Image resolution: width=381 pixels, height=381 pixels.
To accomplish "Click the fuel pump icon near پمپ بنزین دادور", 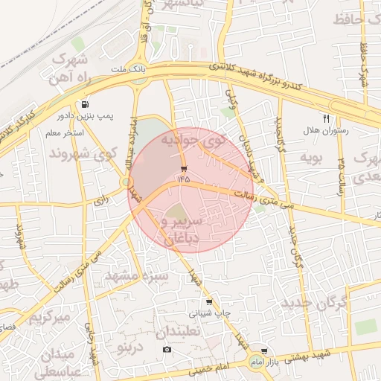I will (86, 104).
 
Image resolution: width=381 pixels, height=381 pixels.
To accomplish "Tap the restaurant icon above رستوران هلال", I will (325, 118).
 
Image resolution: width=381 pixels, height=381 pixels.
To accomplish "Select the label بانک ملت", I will (126, 68).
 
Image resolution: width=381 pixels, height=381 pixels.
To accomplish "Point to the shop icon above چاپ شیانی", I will (209, 302).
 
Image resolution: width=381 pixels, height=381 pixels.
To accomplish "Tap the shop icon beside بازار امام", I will (263, 350).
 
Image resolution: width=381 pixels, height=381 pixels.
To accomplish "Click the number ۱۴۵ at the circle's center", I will (183, 179).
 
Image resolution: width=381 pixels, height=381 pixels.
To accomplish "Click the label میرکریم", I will (48, 318).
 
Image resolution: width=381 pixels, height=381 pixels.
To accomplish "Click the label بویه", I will (310, 158).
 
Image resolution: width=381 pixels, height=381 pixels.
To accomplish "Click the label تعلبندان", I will (182, 330).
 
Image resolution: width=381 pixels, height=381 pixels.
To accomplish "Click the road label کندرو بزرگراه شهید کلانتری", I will (257, 77).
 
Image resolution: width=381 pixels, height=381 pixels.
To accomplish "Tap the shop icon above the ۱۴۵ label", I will (184, 169).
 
